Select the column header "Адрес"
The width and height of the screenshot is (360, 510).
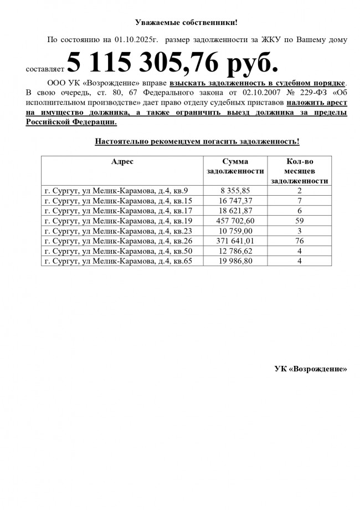tap(122, 161)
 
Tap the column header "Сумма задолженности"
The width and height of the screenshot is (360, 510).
tap(235, 166)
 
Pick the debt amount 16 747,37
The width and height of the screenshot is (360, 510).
tap(235, 201)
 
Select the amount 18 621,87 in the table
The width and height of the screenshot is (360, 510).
tap(235, 211)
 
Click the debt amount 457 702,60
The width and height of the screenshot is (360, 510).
tap(235, 221)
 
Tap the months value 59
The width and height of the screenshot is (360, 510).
tap(299, 221)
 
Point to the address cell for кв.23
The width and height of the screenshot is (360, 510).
tap(118, 231)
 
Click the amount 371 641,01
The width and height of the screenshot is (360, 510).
tap(235, 241)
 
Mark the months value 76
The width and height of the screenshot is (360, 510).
tap(299, 241)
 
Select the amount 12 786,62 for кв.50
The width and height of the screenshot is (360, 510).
tap(235, 251)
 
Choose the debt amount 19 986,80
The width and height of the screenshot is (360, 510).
tap(235, 261)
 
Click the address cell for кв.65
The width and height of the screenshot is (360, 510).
tap(118, 261)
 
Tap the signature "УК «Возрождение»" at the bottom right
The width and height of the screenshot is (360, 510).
tap(311, 369)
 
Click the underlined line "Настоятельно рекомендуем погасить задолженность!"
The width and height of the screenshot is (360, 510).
tap(197, 141)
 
